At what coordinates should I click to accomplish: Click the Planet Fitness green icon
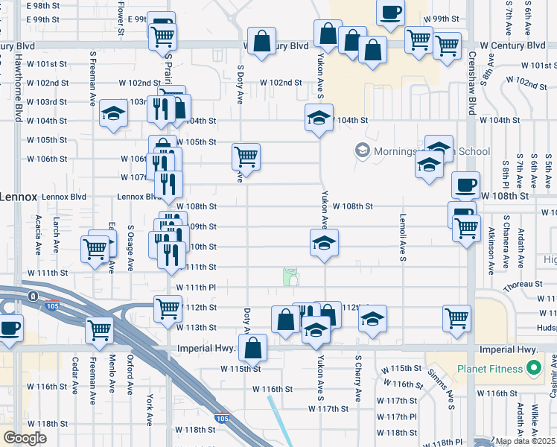(x=533, y=368)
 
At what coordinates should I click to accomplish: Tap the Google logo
(x=25, y=438)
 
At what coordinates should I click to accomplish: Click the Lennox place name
(x=17, y=197)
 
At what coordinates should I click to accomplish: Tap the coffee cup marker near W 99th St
(x=391, y=13)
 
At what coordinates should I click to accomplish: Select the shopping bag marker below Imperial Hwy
(x=253, y=347)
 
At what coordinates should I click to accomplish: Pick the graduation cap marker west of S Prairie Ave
(x=113, y=114)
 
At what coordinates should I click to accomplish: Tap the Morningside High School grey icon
(x=363, y=151)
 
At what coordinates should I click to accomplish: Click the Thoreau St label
(x=522, y=285)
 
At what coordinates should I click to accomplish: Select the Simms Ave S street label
(x=441, y=388)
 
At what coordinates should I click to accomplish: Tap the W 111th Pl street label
(x=196, y=287)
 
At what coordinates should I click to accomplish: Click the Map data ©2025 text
(x=525, y=441)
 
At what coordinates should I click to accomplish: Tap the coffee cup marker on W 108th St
(x=465, y=184)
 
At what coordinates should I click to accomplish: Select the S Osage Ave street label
(x=130, y=249)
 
